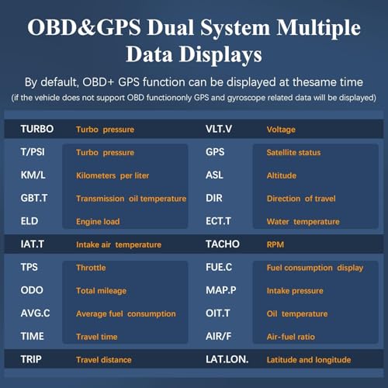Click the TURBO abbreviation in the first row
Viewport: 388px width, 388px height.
pos(37,130)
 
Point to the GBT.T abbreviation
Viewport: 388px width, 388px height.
pos(34,198)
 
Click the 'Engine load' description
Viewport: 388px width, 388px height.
pos(98,221)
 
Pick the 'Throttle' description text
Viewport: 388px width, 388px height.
pos(92,268)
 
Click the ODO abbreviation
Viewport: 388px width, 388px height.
pos(32,290)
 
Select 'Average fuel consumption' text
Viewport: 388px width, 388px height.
pos(126,314)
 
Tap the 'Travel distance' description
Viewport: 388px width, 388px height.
pos(104,359)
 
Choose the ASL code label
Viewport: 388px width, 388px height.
pos(214,175)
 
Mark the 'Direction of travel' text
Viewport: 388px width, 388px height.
pos(301,198)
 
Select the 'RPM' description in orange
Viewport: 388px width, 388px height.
pos(275,244)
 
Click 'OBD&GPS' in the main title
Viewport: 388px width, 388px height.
pos(84,29)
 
